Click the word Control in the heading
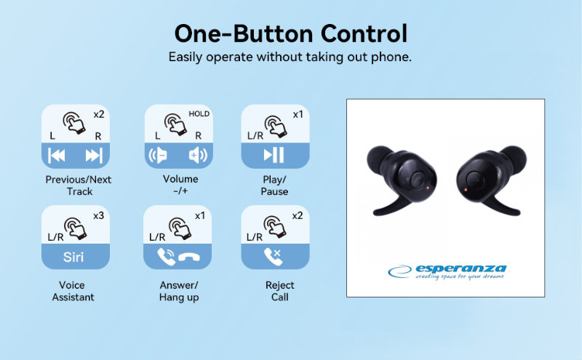(364, 33)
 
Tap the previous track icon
(57, 156)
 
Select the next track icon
(94, 156)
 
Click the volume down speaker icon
(158, 155)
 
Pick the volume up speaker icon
(198, 155)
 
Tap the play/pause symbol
(274, 155)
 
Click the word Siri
(73, 257)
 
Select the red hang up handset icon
(189, 257)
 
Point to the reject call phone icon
(272, 257)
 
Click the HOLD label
(199, 114)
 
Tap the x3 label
(98, 215)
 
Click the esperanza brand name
(461, 268)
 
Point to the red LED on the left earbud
(428, 188)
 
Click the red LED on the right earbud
(466, 190)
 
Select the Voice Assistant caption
(73, 291)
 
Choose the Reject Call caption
(279, 291)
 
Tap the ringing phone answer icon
(167, 257)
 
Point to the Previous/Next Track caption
(79, 185)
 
